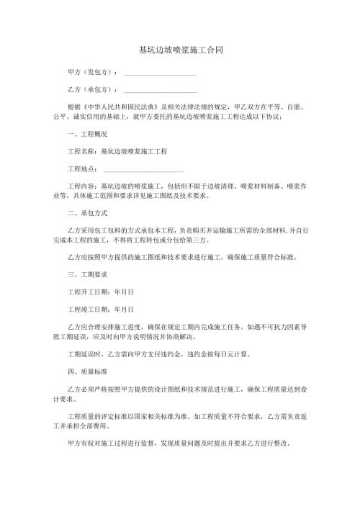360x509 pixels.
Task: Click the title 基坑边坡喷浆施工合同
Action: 180,51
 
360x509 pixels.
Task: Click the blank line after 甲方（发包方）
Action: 160,73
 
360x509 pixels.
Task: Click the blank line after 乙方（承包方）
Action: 160,91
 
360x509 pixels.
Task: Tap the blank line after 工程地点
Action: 143,170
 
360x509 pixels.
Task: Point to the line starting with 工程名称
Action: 117,152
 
